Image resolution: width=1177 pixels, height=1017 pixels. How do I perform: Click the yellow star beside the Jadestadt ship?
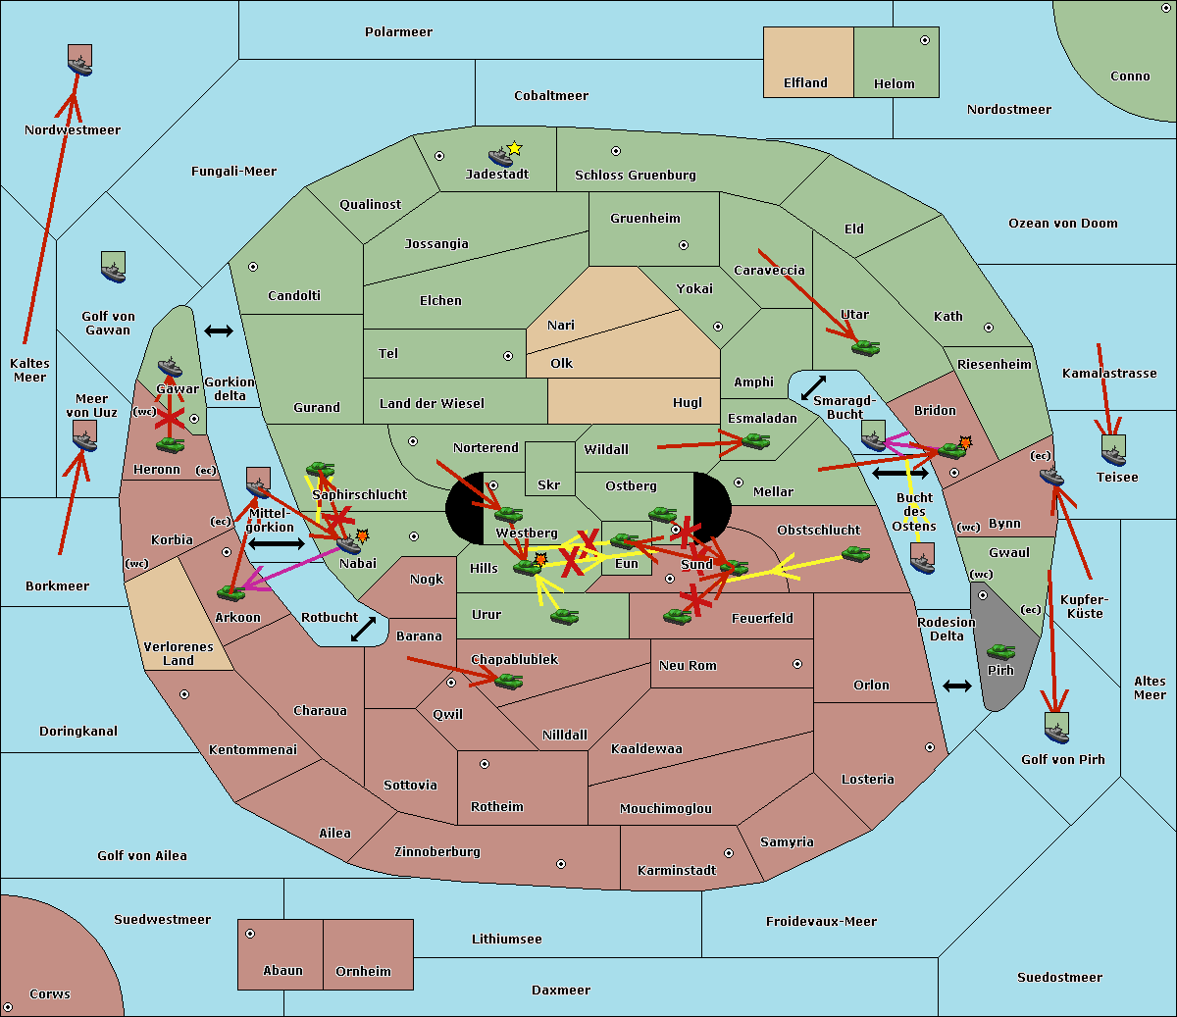[x=514, y=149]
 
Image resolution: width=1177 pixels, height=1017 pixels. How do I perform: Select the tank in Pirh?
[x=1000, y=651]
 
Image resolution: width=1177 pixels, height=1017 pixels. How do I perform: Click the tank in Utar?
[x=865, y=347]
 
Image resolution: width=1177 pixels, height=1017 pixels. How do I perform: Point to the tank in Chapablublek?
[x=508, y=680]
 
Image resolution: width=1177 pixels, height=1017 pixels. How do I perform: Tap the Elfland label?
[x=805, y=83]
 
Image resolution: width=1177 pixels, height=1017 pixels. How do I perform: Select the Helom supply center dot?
[x=925, y=40]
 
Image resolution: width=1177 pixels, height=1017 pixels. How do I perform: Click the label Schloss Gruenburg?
[x=635, y=175]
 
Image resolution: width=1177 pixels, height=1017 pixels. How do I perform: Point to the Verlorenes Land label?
[x=179, y=654]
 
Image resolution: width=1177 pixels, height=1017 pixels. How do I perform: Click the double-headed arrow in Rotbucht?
[x=363, y=629]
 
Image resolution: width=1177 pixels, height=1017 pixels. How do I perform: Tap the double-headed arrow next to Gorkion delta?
[x=219, y=331]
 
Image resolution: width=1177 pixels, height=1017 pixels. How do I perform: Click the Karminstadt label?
[x=677, y=870]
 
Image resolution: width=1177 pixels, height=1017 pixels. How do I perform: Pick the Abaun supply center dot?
[x=250, y=934]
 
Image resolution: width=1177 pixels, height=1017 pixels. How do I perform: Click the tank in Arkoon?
[x=230, y=592]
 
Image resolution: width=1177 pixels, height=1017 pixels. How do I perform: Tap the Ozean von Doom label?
[x=1062, y=224]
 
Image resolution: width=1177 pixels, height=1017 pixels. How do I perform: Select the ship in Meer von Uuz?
[x=85, y=436]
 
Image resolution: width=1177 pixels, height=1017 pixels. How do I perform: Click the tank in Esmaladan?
[x=755, y=440]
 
